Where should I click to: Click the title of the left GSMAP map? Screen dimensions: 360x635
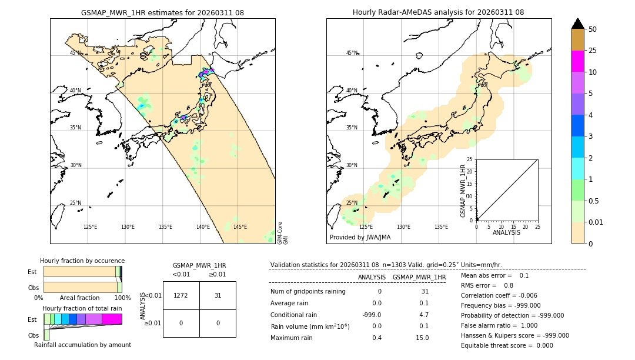pos(163,12)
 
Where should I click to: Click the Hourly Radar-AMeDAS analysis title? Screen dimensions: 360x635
pos(438,12)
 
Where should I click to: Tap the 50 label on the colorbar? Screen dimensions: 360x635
pos(593,29)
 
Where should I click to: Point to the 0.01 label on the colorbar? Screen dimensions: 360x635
pos(596,222)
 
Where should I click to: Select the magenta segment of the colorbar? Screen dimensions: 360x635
pos(578,61)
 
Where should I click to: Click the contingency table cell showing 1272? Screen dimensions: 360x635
pos(181,295)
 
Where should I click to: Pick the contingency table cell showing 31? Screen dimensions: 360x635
pos(218,295)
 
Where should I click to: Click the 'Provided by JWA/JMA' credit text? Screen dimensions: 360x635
pos(360,238)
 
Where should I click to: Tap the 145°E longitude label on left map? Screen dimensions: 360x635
pos(240,227)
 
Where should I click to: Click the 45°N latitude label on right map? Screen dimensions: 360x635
pos(352,53)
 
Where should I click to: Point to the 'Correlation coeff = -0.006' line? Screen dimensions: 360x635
pos(499,295)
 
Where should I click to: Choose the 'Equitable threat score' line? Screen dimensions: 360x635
pos(507,345)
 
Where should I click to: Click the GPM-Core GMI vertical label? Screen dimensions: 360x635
pos(283,232)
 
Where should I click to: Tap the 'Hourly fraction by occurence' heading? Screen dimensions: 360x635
pos(82,261)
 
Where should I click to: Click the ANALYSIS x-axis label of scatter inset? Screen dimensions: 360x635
pos(507,232)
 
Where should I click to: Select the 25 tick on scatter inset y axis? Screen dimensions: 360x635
pos(470,159)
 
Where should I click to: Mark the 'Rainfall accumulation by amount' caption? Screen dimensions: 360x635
pos(82,345)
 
